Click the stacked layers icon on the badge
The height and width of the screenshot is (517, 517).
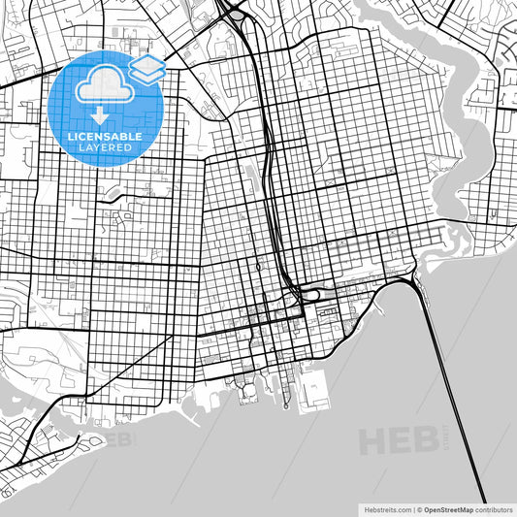tap(147, 68)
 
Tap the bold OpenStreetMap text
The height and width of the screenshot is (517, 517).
tap(448, 508)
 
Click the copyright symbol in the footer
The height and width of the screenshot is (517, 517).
tap(418, 508)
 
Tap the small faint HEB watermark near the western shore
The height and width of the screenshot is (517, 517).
tap(117, 440)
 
